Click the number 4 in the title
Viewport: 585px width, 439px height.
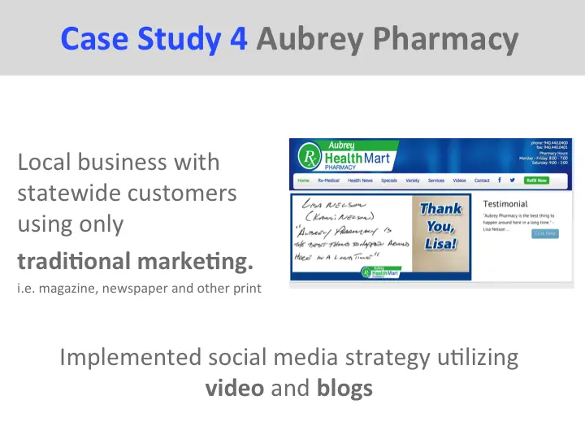pos(238,37)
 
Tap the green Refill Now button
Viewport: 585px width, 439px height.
pos(536,180)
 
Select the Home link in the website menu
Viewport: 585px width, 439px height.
pos(303,180)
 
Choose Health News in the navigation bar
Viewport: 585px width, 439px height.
pos(360,180)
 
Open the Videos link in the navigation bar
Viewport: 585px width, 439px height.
pos(459,180)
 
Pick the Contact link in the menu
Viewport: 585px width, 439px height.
pos(482,180)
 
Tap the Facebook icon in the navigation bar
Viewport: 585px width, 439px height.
pos(499,180)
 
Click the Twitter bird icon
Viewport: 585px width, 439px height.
pos(512,180)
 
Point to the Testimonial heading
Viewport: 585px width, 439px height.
pos(505,203)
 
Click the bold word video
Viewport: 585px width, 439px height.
pos(235,388)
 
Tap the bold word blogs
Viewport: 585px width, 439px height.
pos(344,388)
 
